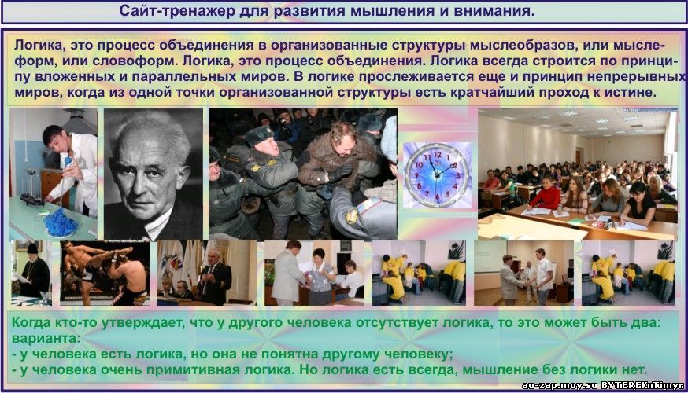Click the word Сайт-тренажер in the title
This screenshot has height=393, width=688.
click(176, 10)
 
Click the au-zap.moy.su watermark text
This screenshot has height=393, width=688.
click(560, 386)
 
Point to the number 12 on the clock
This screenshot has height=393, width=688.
click(437, 154)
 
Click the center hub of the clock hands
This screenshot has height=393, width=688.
click(437, 175)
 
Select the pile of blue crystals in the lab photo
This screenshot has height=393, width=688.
click(61, 223)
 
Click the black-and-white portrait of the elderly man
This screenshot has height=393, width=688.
click(154, 174)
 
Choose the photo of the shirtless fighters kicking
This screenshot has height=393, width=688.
click(105, 273)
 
